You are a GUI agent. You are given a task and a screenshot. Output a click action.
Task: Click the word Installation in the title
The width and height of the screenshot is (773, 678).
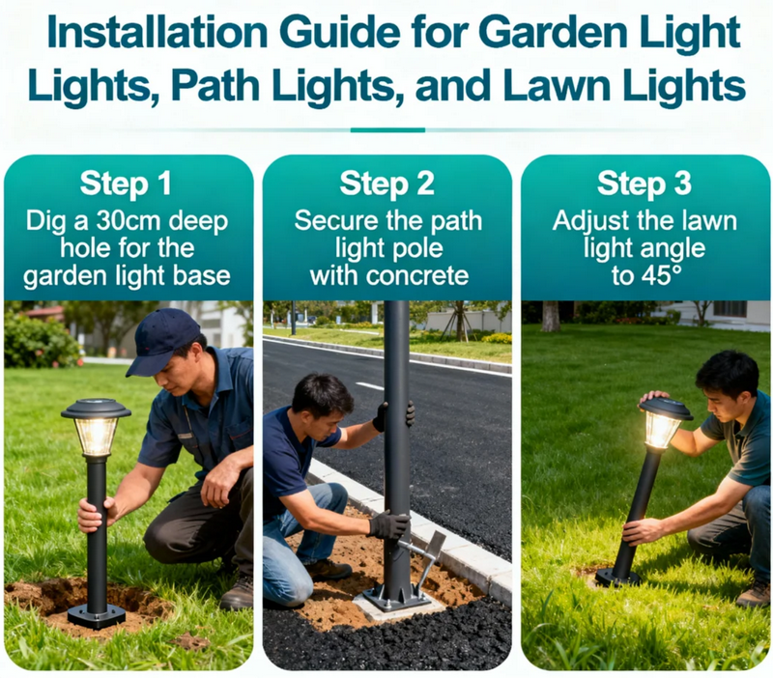tap(157, 33)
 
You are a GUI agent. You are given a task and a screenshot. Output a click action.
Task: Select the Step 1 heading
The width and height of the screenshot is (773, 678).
tap(126, 184)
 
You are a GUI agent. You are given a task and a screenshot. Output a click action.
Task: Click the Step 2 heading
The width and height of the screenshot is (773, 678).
tap(387, 184)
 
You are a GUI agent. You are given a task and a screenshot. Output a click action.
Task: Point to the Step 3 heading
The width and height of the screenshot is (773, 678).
tap(644, 184)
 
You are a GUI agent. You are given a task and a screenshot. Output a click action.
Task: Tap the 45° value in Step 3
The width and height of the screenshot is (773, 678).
tap(661, 275)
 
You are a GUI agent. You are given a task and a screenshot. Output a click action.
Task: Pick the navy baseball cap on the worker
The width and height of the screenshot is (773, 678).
tap(163, 340)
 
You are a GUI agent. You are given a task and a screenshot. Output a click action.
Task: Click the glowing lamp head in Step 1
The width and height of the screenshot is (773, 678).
tap(96, 427)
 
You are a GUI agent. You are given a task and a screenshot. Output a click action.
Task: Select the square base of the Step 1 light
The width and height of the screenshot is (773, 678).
tap(97, 615)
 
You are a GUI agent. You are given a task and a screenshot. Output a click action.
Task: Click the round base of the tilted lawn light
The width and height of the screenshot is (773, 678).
tap(617, 578)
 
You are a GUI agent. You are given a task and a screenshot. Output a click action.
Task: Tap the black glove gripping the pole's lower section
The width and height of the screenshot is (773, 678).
tap(389, 525)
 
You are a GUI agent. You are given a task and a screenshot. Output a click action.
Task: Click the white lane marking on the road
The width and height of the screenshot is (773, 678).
tap(369, 385)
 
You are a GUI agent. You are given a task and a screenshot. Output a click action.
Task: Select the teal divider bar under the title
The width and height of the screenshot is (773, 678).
tap(387, 130)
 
